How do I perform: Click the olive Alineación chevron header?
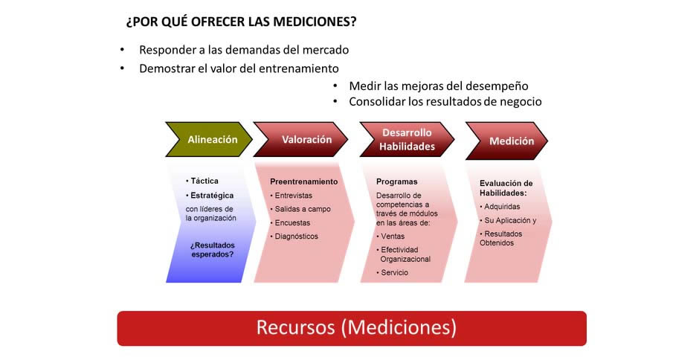pos(209,139)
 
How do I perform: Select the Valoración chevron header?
pos(301,139)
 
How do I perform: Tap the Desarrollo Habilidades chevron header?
pos(407,139)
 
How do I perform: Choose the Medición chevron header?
pos(507,141)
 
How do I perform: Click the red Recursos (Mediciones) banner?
pos(352,328)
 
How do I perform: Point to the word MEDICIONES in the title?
pos(315,22)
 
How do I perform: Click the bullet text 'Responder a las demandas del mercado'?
pos(244,50)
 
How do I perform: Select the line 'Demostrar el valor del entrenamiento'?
pos(239,68)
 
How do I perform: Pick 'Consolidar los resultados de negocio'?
pos(445,102)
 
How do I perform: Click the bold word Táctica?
pos(204,181)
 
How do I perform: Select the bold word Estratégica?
pos(212,196)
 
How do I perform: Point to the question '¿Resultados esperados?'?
pos(212,250)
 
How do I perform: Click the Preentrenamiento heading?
pos(304,181)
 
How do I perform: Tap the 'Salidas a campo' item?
pos(303,209)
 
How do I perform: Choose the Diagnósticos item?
pos(297,236)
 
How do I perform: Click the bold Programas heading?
pos(397,181)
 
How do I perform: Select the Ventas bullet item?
pos(393,236)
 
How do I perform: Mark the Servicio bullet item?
pos(394,272)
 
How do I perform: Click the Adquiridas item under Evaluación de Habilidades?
pos(502,207)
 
